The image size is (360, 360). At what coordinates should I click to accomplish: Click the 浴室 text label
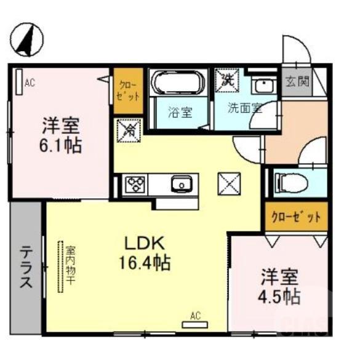180,113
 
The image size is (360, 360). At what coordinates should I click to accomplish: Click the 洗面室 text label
245,109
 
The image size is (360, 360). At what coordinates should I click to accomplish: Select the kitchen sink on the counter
181,183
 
